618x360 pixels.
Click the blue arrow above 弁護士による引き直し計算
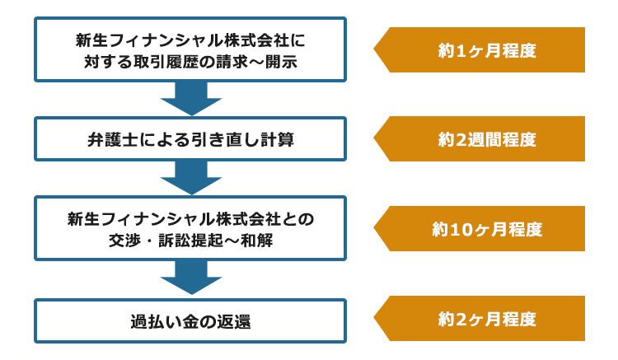click(191, 99)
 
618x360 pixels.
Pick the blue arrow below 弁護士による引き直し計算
click(191, 178)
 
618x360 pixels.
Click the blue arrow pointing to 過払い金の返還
click(191, 278)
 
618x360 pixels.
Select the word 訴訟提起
click(191, 241)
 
